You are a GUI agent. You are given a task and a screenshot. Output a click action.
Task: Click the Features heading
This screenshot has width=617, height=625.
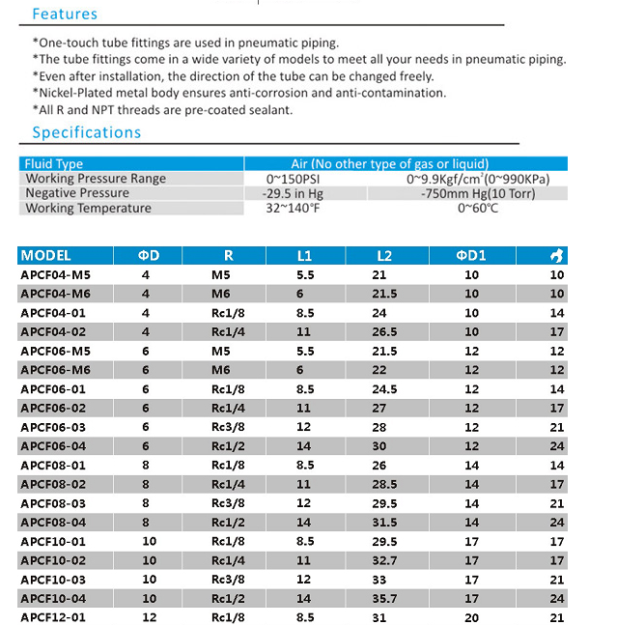pyautogui.click(x=65, y=14)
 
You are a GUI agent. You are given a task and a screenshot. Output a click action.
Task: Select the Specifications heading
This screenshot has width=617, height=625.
pyautogui.click(x=87, y=132)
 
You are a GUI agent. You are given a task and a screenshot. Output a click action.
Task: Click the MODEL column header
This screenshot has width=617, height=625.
pyautogui.click(x=46, y=256)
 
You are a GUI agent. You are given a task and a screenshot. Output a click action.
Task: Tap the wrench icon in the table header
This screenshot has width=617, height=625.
pyautogui.click(x=558, y=256)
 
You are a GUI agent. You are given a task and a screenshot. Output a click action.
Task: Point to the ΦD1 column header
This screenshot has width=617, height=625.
pyautogui.click(x=471, y=256)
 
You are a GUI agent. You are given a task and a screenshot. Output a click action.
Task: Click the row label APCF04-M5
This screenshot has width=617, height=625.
pyautogui.click(x=56, y=275)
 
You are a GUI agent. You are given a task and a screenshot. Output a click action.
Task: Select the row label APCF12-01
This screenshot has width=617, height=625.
pyautogui.click(x=54, y=617)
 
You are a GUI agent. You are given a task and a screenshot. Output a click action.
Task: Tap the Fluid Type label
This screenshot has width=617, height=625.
pyautogui.click(x=54, y=164)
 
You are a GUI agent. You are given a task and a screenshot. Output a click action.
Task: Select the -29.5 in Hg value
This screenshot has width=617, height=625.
pyautogui.click(x=294, y=193)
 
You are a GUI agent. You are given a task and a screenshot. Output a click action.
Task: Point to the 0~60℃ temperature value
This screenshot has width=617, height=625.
pyautogui.click(x=478, y=208)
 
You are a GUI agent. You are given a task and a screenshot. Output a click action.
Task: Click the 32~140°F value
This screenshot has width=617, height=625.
pyautogui.click(x=293, y=208)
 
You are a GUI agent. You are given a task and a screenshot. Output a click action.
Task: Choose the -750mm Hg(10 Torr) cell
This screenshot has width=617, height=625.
pyautogui.click(x=478, y=193)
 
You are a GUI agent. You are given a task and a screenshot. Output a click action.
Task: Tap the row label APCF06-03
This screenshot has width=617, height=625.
pyautogui.click(x=54, y=427)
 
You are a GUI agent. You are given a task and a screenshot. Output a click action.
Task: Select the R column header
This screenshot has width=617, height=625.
pyautogui.click(x=228, y=256)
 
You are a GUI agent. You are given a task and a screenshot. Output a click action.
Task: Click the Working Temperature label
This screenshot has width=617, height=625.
pyautogui.click(x=89, y=208)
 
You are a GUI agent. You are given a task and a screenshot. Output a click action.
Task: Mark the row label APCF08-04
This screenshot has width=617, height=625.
pyautogui.click(x=54, y=523)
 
